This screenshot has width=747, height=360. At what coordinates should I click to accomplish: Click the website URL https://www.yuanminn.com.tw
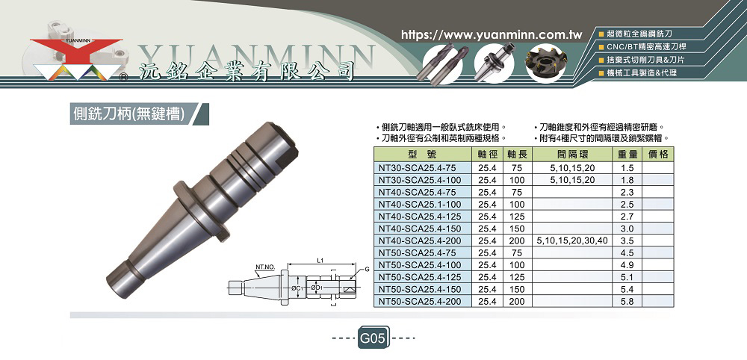click(492, 35)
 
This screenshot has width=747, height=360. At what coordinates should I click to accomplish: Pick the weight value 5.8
click(627, 302)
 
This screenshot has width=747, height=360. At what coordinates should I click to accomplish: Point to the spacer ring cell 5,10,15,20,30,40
click(572, 240)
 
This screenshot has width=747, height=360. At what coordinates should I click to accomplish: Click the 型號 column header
click(422, 155)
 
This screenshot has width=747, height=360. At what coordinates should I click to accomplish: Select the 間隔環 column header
click(572, 155)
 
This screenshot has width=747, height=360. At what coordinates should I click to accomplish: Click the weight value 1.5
click(627, 168)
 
